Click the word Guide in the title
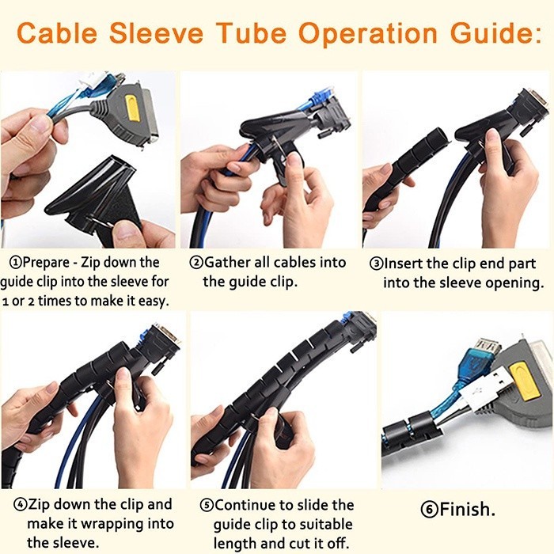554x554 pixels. pyautogui.click(x=467, y=35)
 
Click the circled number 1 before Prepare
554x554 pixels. pyautogui.click(x=14, y=262)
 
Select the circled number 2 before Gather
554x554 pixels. pyautogui.click(x=195, y=262)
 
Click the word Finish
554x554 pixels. pyautogui.click(x=467, y=508)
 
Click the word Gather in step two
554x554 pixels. pyautogui.click(x=230, y=262)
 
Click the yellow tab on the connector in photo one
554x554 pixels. pyautogui.click(x=132, y=107)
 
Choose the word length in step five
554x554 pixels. pyautogui.click(x=235, y=544)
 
